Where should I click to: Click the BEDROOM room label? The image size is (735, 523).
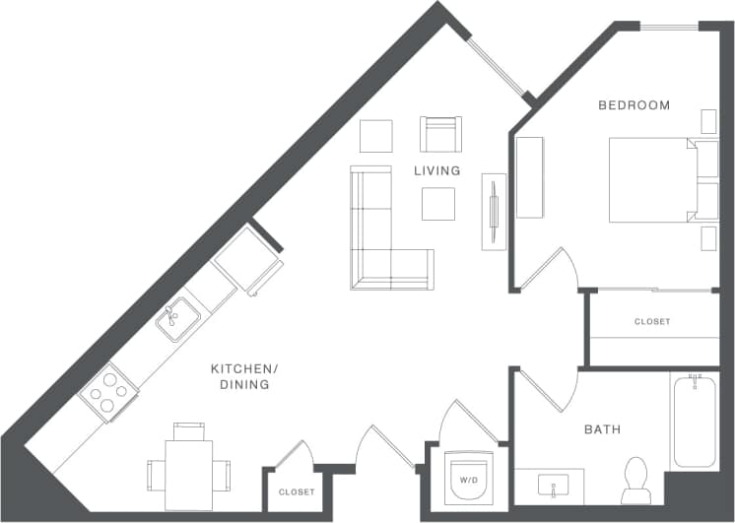point(635,105)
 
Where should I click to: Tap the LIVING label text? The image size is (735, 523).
point(436,170)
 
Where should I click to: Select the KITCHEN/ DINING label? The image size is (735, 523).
point(245,376)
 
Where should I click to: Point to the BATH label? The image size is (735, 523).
point(602,429)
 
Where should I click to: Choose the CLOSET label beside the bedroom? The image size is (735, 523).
point(651,322)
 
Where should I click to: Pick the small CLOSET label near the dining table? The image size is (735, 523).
point(297,491)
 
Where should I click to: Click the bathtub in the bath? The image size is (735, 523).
point(695,421)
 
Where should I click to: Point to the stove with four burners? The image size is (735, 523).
point(109,391)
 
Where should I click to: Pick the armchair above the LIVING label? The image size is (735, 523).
point(440,134)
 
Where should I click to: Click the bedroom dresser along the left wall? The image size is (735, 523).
point(529,177)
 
